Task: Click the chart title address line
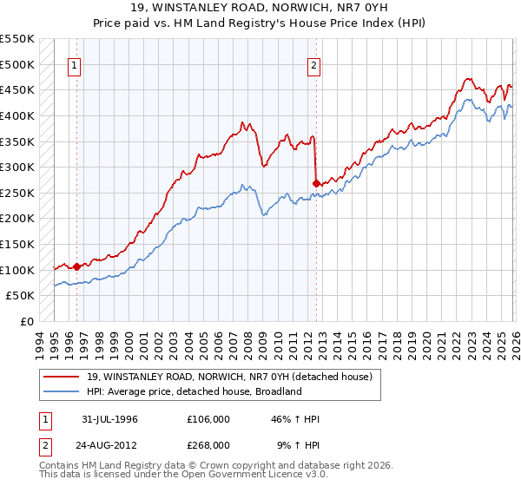[x=260, y=8]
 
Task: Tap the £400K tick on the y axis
[x=17, y=115]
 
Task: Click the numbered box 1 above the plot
[x=76, y=64]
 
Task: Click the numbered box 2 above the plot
[x=313, y=64]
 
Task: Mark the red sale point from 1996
[x=76, y=266]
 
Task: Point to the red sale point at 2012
[x=316, y=183]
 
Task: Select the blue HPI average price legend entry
[x=193, y=391]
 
